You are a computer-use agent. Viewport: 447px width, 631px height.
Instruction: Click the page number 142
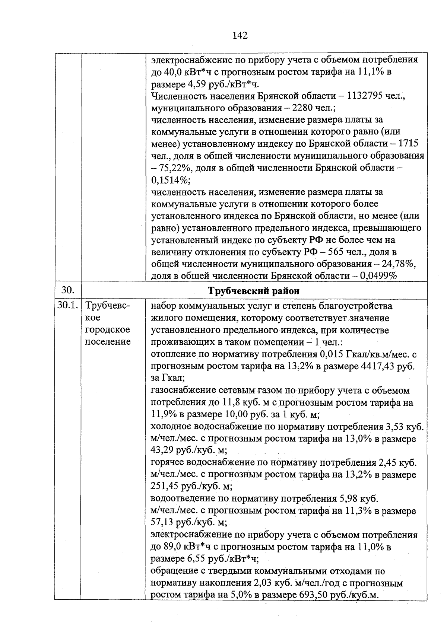[240, 36]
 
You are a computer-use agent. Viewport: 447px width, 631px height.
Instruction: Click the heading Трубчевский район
[254, 291]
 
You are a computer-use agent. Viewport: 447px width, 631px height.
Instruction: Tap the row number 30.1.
[67, 306]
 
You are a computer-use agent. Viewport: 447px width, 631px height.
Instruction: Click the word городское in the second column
[108, 330]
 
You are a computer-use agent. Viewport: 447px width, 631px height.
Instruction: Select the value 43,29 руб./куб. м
[188, 450]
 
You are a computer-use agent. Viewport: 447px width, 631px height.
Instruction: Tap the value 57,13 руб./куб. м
[188, 523]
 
